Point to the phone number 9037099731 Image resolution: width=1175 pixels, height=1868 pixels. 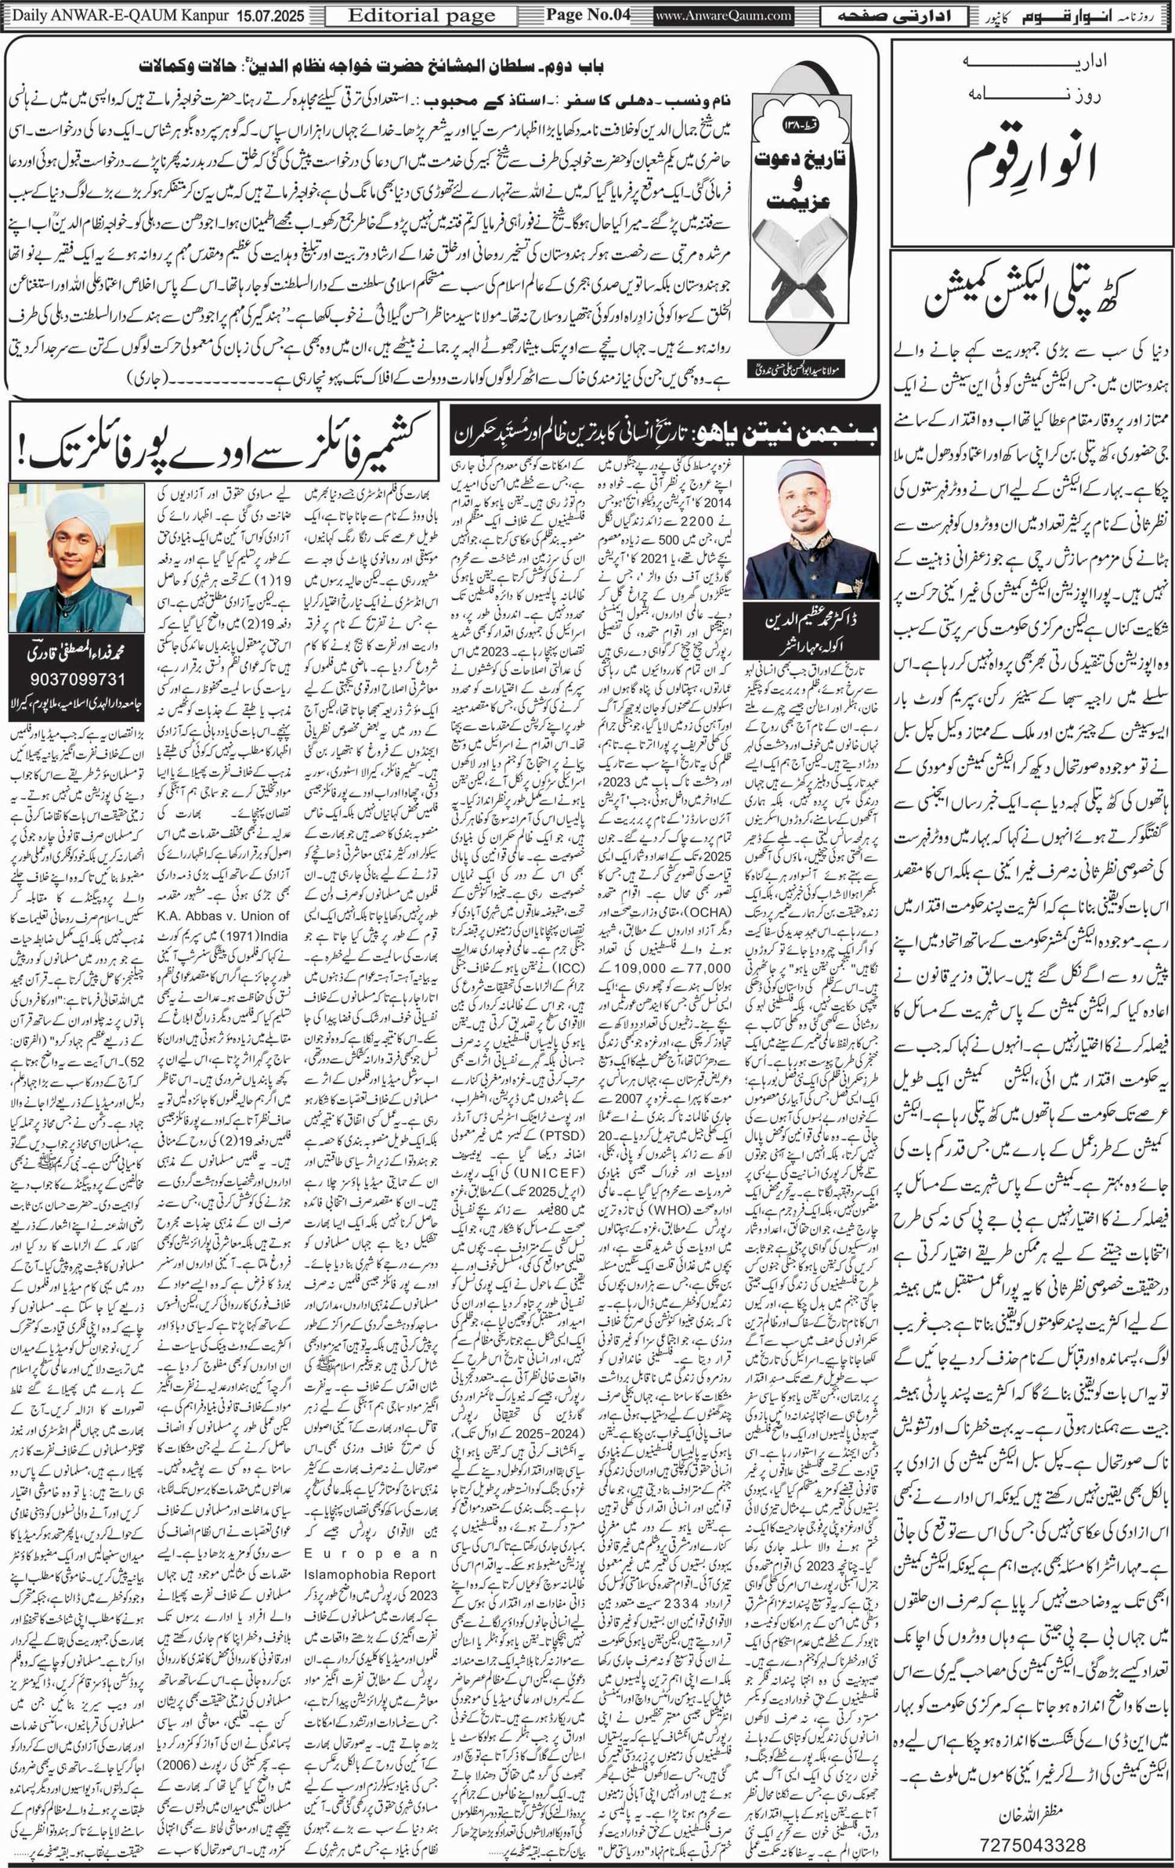(76, 678)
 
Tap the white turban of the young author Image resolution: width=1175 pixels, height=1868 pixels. (77, 511)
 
